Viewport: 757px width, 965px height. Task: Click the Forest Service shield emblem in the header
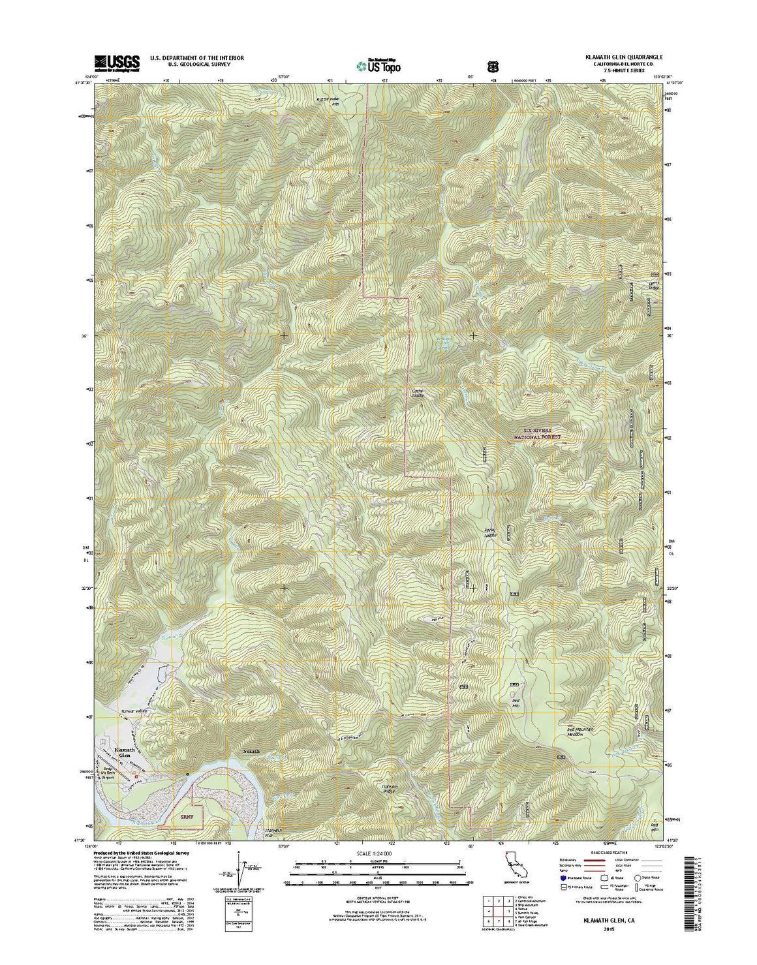[x=493, y=66]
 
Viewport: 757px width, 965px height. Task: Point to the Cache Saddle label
[x=418, y=393]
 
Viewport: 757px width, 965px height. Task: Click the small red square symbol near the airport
[x=136, y=777]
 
